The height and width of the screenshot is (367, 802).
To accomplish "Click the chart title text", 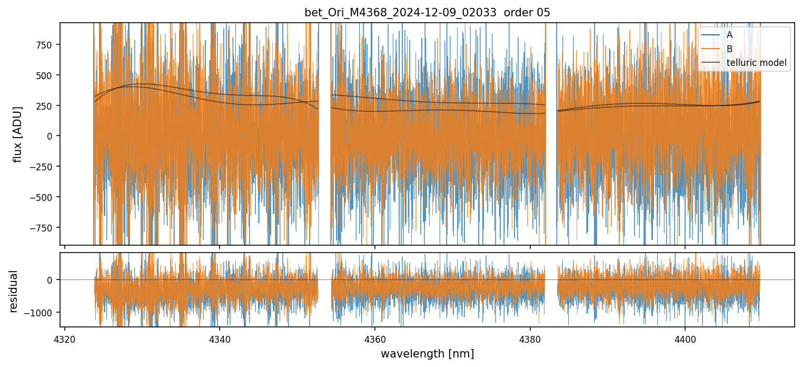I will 427,13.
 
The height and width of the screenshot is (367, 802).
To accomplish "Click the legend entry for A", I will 729,35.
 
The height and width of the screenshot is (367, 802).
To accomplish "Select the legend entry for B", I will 729,49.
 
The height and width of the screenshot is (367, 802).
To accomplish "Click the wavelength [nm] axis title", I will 427,353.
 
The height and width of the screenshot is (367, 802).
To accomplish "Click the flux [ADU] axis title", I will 18,134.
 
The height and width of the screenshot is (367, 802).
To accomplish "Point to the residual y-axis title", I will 14,291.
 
